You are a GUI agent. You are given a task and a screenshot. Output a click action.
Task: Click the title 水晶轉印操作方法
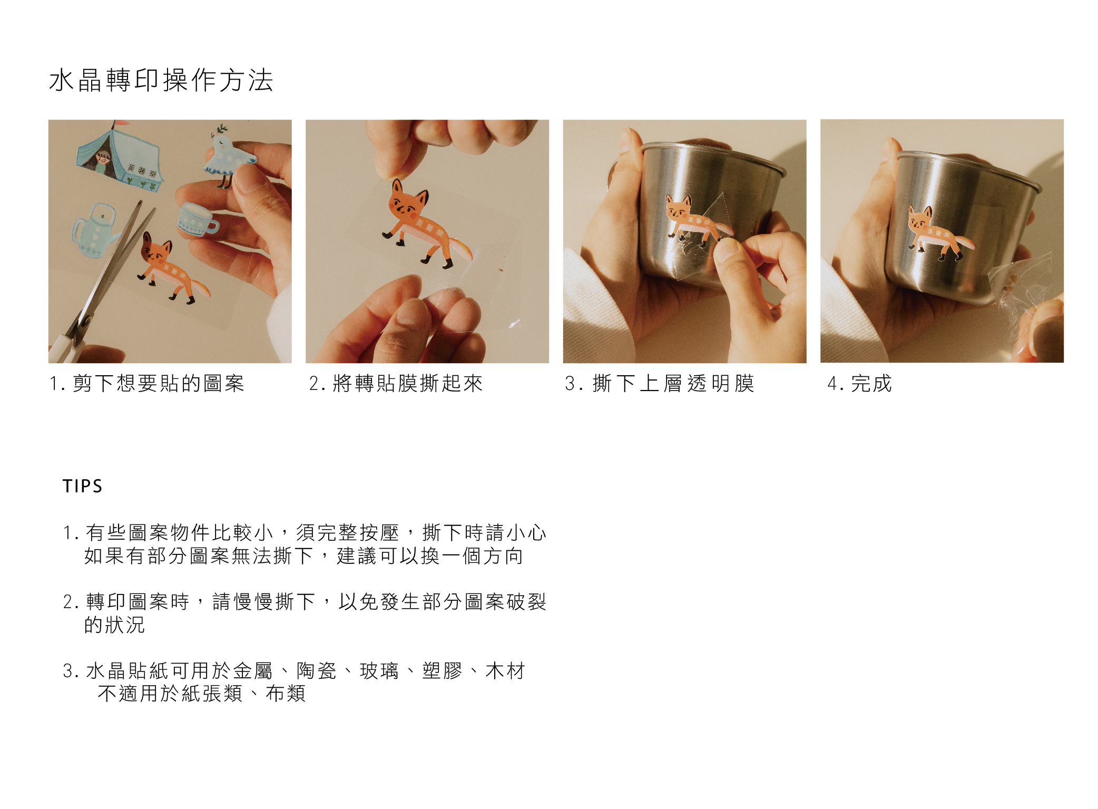161,80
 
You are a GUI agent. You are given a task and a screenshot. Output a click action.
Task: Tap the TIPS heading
82,486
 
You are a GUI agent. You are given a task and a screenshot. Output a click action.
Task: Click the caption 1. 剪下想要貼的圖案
147,383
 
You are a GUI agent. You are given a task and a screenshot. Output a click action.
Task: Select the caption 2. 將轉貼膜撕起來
396,383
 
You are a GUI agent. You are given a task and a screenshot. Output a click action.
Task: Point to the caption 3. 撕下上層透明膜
660,383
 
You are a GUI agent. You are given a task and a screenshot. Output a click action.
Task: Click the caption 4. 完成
859,383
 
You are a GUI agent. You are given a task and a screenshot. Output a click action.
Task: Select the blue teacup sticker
197,219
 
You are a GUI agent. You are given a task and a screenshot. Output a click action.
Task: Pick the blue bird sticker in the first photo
228,157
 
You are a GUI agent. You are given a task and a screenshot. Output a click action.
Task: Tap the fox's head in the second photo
408,201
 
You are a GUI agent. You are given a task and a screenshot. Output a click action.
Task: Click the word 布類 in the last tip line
286,694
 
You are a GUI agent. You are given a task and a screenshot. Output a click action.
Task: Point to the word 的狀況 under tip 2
114,625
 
